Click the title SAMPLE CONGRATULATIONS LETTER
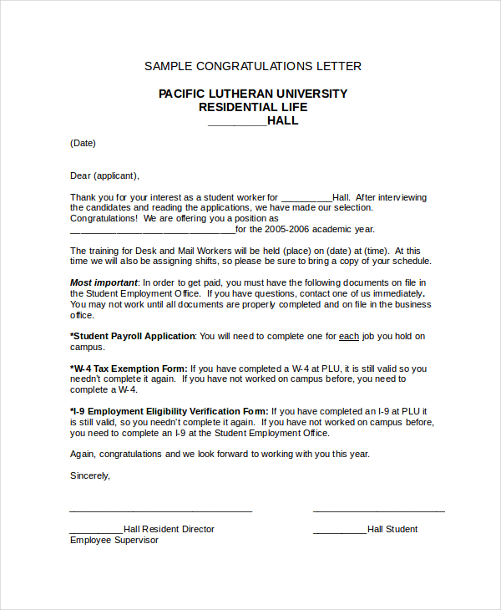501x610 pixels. tap(253, 66)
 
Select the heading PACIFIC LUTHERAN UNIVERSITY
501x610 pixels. tap(253, 94)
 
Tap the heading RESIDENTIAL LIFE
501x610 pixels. tap(253, 107)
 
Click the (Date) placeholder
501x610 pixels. tap(83, 143)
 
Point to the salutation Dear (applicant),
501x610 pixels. tap(104, 175)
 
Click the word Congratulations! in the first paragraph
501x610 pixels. tap(104, 218)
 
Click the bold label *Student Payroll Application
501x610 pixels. tap(132, 336)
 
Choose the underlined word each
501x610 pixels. tap(349, 336)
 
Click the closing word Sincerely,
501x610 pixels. tap(90, 475)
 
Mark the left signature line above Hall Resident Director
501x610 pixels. tap(160, 511)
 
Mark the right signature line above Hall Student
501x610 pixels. tap(378, 511)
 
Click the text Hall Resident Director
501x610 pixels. tap(169, 529)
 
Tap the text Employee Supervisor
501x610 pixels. tap(114, 540)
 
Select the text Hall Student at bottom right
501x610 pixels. tap(392, 529)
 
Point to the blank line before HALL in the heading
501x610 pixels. tap(236, 123)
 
